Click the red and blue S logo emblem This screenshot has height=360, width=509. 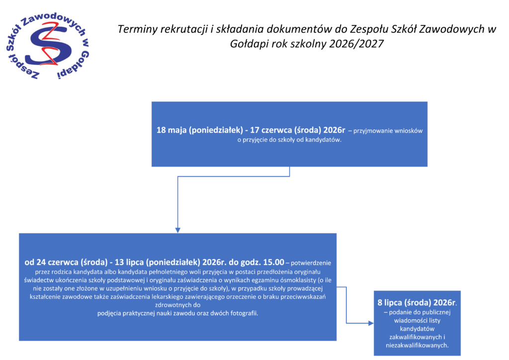coord(47,47)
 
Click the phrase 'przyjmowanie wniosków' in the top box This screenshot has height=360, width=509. coord(388,131)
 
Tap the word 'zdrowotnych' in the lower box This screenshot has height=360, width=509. coord(177,305)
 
